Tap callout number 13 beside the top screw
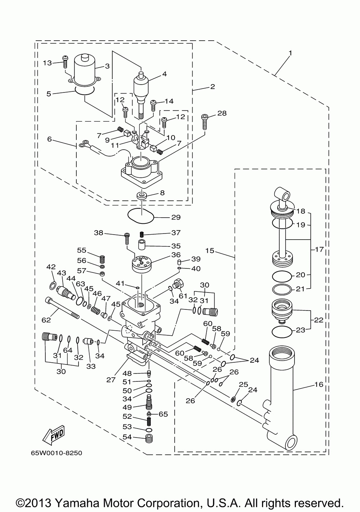(48, 63)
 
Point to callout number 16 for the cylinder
(319, 384)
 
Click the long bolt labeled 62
(62, 307)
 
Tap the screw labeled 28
(204, 122)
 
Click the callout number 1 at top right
(290, 53)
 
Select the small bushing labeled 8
(142, 196)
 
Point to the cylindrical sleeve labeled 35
(141, 245)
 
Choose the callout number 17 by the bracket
(320, 249)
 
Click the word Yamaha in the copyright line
(77, 503)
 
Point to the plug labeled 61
(178, 284)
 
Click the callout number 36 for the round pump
(176, 254)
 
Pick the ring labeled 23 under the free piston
(282, 331)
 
